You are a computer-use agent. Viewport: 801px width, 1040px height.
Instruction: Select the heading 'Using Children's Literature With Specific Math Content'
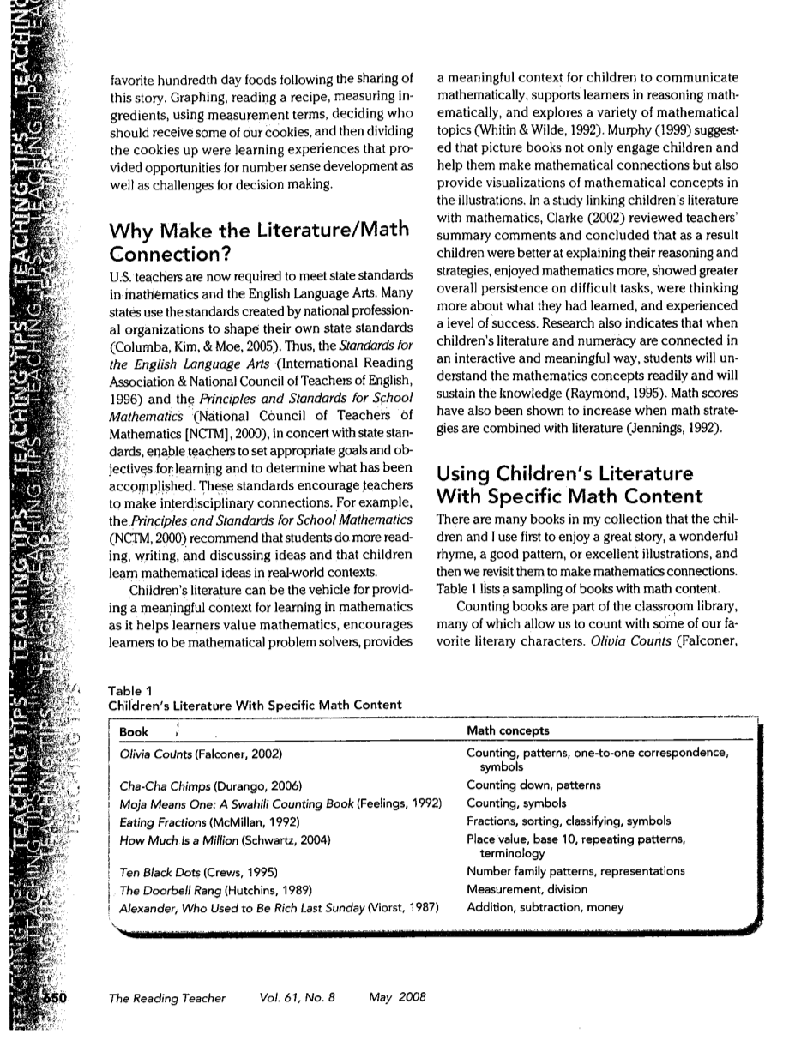[x=571, y=485]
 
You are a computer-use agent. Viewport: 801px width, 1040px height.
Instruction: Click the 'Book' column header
[x=134, y=731]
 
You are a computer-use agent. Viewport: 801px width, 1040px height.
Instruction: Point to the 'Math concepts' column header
[x=508, y=731]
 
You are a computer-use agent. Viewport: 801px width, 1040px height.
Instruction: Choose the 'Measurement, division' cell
[x=527, y=889]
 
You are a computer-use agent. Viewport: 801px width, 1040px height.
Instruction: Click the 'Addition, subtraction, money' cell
[x=545, y=907]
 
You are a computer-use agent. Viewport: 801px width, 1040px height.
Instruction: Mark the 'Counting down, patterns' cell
[x=533, y=785]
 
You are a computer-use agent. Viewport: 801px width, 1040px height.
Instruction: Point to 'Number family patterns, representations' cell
[x=575, y=871]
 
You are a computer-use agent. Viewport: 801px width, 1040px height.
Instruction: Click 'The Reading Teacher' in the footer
[x=167, y=997]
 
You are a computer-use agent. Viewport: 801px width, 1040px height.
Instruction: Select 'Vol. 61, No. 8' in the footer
[x=296, y=997]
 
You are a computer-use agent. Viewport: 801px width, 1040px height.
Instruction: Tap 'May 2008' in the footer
[x=397, y=997]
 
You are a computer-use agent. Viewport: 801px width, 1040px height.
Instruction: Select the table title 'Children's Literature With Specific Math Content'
[x=255, y=705]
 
